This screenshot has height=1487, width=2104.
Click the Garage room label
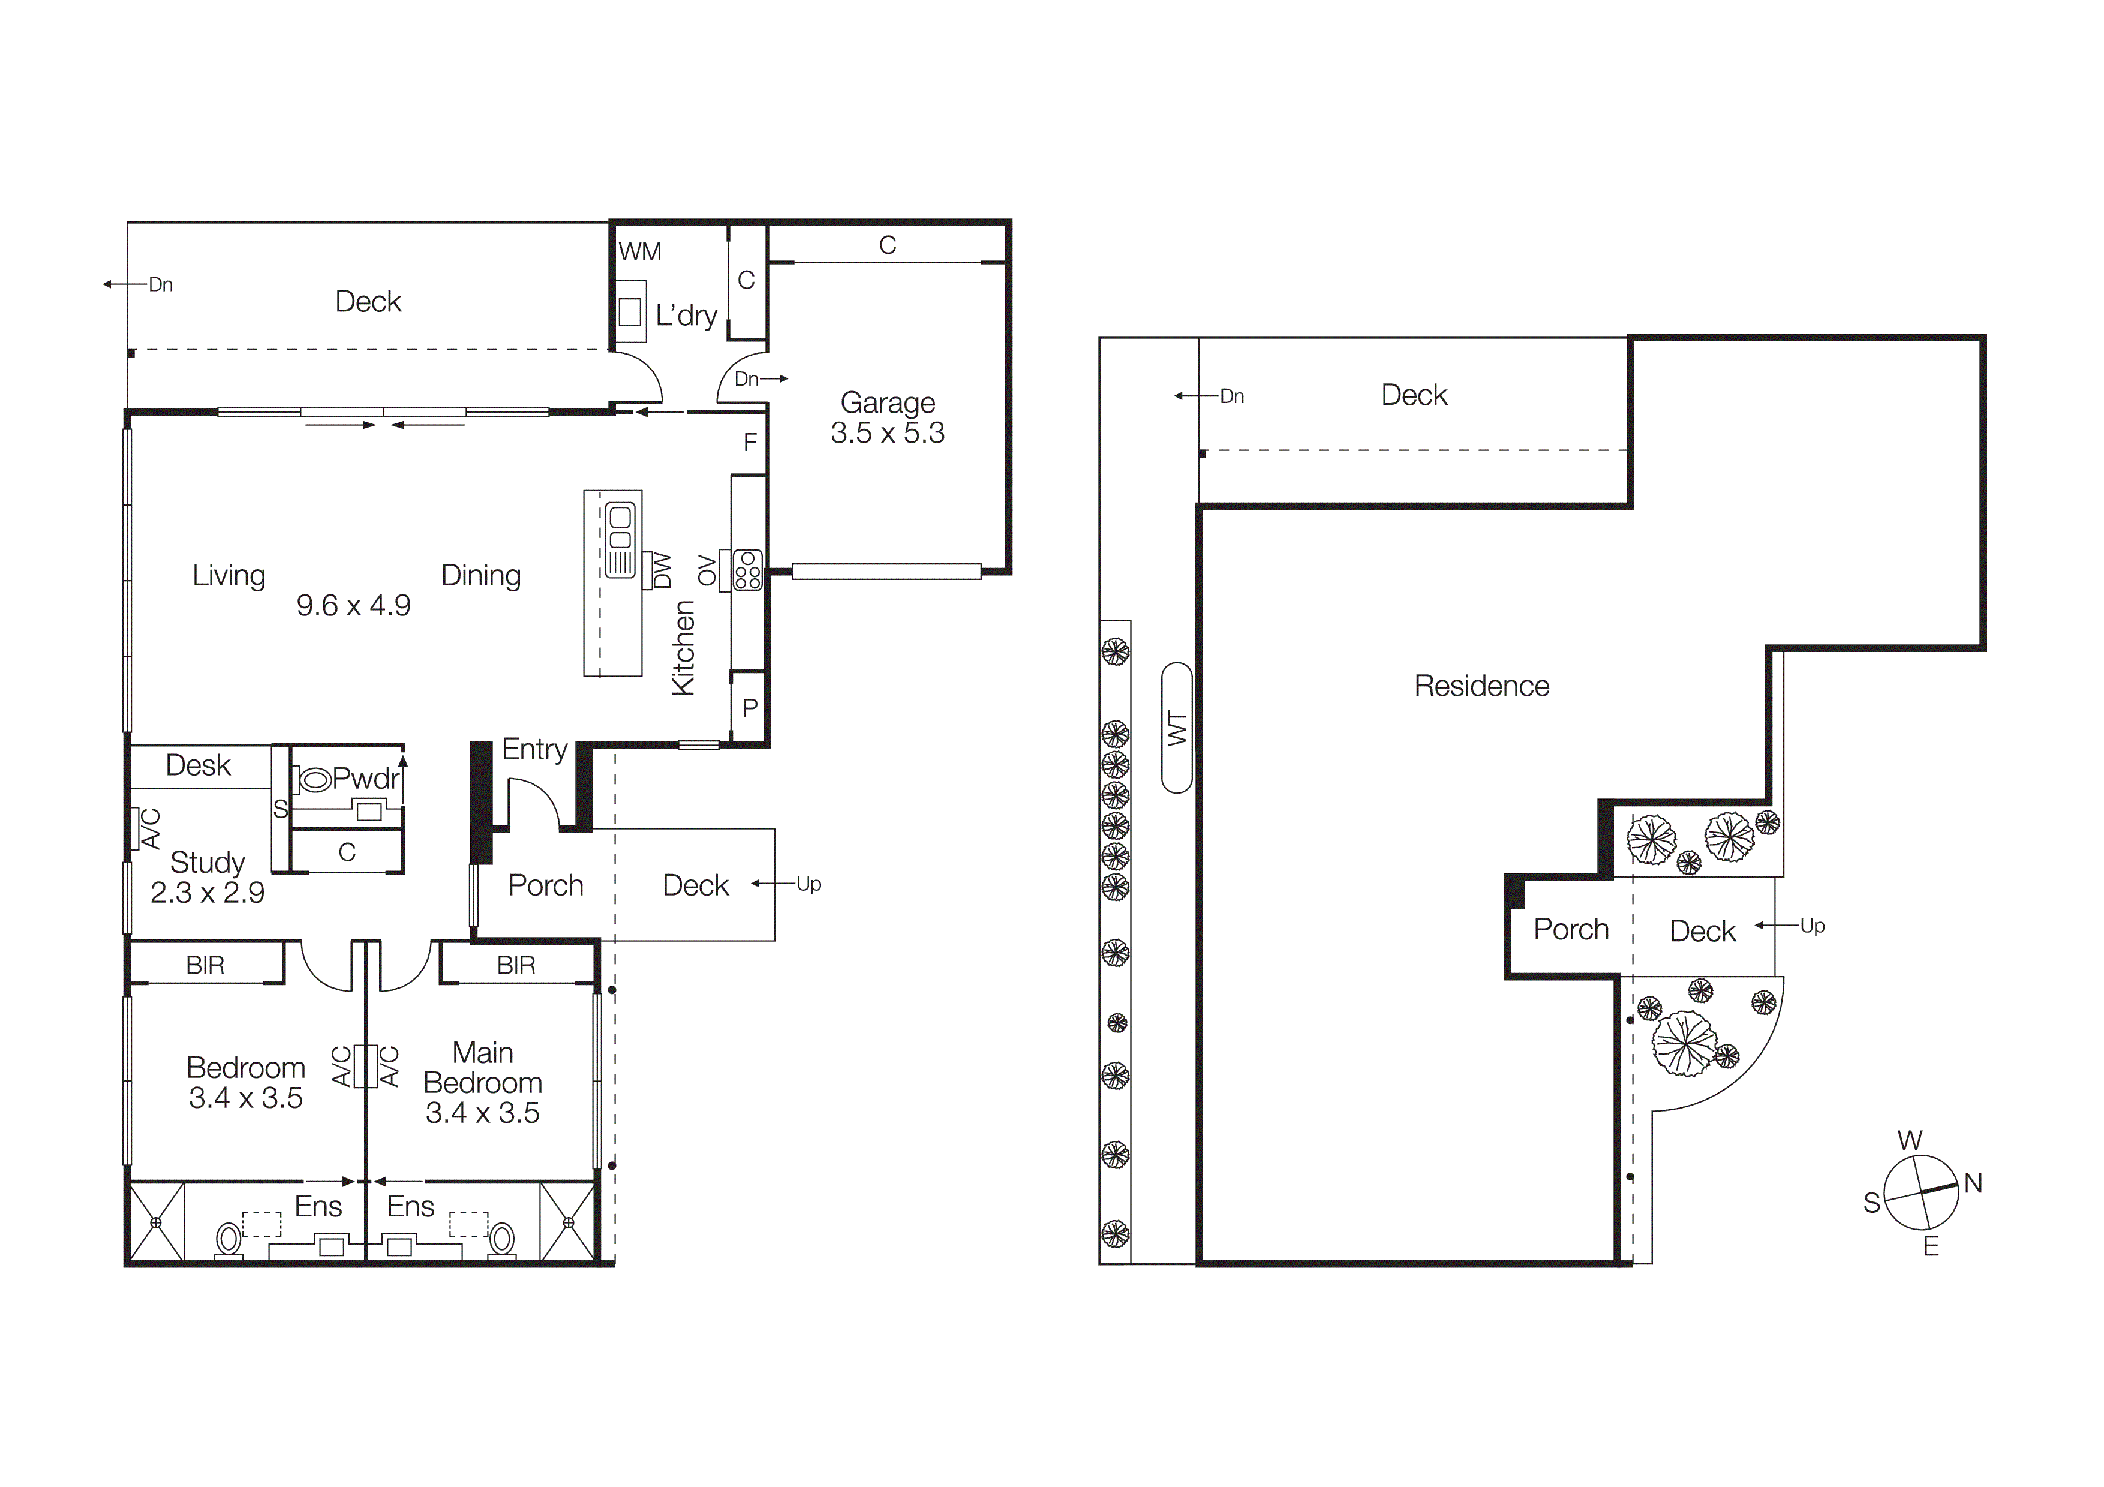point(887,403)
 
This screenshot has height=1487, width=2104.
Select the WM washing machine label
point(639,252)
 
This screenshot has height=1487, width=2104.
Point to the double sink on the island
point(620,528)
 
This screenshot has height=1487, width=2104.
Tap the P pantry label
point(750,707)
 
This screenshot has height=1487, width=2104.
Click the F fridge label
point(750,443)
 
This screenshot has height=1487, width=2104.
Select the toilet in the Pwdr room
point(314,780)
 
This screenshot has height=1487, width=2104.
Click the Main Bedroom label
point(483,1067)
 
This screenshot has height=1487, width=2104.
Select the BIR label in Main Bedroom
point(516,965)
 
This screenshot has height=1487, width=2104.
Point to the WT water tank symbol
point(1177,728)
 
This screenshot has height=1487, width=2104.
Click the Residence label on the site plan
point(1481,686)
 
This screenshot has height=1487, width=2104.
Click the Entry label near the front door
point(534,749)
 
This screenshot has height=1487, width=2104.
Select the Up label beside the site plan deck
point(1812,926)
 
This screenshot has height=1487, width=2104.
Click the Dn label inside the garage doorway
point(746,379)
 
